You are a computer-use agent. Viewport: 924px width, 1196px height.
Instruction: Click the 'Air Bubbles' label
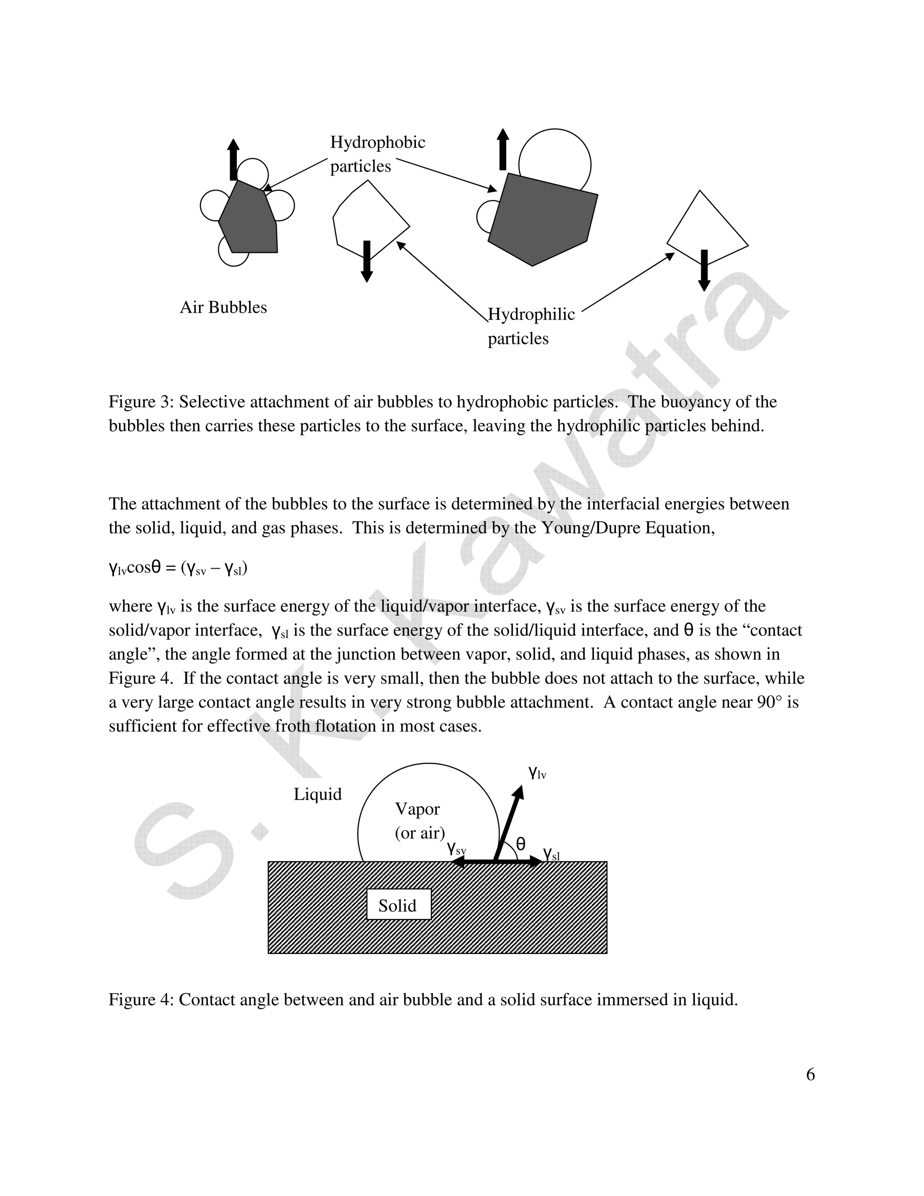223,307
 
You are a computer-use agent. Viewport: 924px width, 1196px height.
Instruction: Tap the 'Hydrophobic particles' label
377,154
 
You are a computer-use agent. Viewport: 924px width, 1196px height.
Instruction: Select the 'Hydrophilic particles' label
531,326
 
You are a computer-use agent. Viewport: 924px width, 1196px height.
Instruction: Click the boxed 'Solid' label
398,905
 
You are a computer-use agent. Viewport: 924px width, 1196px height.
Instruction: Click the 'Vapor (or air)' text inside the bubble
419,821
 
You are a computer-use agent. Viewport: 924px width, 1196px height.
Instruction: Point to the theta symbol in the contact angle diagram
521,844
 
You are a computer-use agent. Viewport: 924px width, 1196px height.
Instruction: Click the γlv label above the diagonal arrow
537,773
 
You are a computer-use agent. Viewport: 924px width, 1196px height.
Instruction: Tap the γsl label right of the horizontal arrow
551,854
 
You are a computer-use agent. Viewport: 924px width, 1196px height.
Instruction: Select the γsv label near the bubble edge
456,849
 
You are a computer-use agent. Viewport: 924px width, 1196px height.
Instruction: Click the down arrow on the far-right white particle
704,270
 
